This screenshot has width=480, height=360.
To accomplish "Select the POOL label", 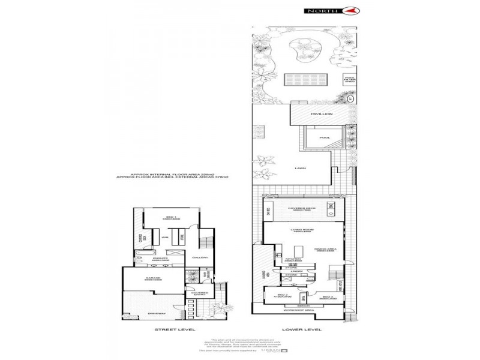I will [x=325, y=138].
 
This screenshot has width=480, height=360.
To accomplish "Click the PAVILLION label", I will [x=317, y=113].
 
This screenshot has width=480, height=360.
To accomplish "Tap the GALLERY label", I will [x=200, y=257].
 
